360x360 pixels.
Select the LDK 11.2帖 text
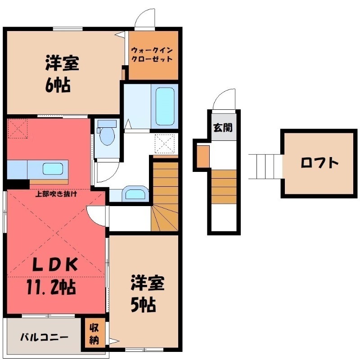[x=56, y=274]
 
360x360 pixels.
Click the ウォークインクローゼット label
[x=152, y=54]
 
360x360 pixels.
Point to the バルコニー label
[x=44, y=337]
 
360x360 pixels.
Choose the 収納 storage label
[x=94, y=333]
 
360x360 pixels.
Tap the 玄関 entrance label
[x=223, y=127]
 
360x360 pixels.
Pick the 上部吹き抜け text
[x=57, y=194]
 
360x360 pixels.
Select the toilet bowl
[x=107, y=135]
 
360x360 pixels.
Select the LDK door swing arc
[x=97, y=216]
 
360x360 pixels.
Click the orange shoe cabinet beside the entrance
[x=203, y=155]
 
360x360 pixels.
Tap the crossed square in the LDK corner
[x=17, y=128]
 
